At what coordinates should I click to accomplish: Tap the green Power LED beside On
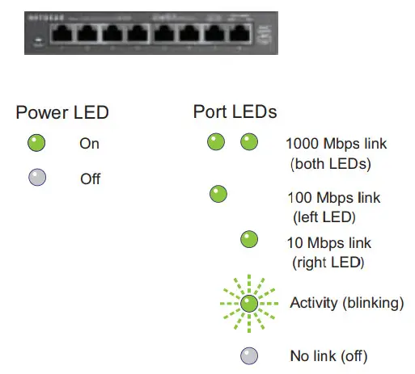36,144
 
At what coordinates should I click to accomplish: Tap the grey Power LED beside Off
36,177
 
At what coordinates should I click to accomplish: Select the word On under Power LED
89,145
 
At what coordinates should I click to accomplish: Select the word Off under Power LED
90,179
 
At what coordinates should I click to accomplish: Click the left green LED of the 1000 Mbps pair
216,143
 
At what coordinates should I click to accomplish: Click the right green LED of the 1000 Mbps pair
249,143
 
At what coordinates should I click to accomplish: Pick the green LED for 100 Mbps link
218,194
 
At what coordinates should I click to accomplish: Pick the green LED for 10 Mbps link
249,239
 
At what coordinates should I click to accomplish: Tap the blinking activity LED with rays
249,304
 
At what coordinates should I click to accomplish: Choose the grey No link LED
249,355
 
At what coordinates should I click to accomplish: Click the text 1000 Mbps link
336,145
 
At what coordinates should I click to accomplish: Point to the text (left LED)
324,216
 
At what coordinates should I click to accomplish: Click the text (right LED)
328,262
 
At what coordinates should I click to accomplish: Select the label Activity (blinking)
346,304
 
